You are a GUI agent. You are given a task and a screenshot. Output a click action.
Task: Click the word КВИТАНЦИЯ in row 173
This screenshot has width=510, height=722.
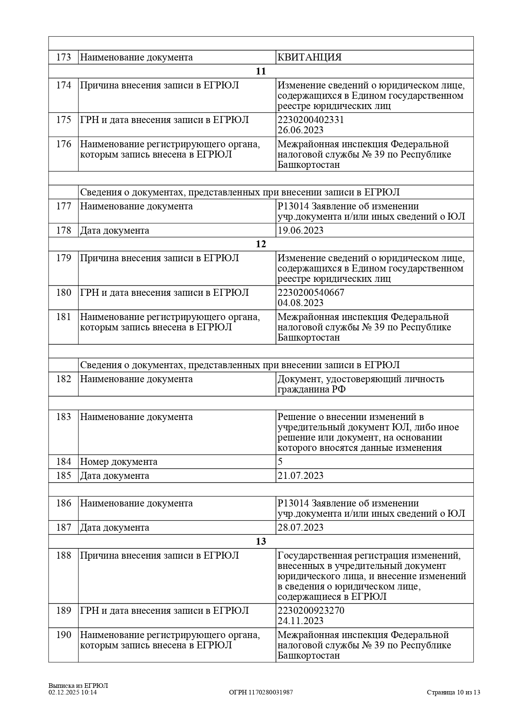coord(309,57)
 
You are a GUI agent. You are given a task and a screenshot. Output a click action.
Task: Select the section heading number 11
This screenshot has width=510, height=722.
coord(261,71)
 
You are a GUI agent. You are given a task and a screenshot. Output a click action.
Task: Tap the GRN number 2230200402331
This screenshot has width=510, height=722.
coord(311,120)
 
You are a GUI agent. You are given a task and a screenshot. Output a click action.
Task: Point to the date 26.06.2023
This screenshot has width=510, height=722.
coord(300,130)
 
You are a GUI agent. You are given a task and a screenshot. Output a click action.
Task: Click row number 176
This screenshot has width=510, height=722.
coord(63,144)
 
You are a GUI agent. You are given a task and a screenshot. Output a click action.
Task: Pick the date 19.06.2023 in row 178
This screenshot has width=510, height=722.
coord(300,230)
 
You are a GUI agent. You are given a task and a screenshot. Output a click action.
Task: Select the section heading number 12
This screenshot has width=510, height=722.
coord(261,244)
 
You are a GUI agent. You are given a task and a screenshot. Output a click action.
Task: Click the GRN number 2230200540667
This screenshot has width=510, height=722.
coord(311,293)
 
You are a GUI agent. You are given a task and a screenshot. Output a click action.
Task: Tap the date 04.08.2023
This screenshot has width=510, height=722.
coord(300,303)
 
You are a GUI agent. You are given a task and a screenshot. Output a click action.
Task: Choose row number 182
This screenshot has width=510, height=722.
coord(63,379)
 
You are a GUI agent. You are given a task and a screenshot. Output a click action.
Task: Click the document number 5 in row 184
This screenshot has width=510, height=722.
coord(280,462)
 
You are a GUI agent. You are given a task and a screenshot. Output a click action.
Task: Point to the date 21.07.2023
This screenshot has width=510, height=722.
coord(300,476)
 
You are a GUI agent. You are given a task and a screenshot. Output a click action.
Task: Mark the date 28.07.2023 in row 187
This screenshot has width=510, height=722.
coord(300,527)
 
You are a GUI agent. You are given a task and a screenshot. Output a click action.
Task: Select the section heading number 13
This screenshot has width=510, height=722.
coord(261,541)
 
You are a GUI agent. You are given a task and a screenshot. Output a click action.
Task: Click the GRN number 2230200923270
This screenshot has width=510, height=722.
coord(311,611)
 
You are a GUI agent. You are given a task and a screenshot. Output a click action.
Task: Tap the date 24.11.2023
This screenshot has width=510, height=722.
coord(300,621)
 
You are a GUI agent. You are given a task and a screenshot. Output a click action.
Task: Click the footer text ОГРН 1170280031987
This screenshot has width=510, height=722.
coord(261,692)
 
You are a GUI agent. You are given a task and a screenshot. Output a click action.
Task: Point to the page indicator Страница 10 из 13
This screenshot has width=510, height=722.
coord(453,692)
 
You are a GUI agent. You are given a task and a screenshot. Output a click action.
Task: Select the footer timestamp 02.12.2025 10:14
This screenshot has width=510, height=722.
coord(72,692)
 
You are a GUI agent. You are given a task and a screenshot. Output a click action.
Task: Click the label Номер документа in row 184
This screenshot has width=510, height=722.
coord(118,462)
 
